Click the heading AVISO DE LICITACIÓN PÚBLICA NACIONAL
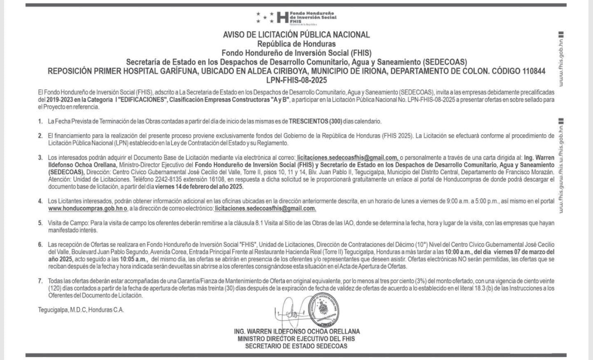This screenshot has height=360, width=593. tap(296, 35)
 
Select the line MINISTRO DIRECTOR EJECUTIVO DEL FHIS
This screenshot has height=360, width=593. tap(296, 339)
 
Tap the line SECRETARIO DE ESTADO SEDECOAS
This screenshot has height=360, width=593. tap(296, 346)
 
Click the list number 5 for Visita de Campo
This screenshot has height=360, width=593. tap(41, 222)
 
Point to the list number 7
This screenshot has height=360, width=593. tap(41, 280)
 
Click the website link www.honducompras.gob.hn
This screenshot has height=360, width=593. tap(77, 208)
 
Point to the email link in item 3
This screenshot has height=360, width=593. tap(346, 157)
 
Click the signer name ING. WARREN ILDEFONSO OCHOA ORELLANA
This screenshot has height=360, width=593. tap(296, 331)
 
